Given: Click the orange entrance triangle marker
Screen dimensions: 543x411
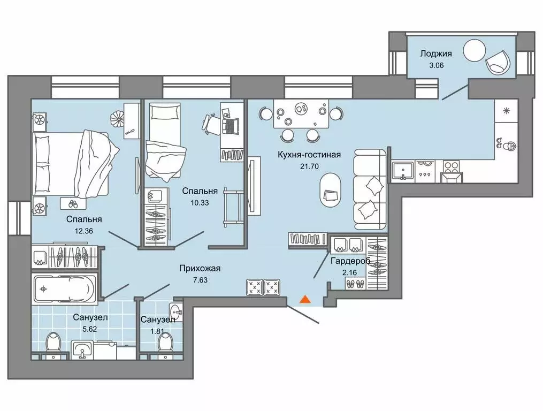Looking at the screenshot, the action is pyautogui.click(x=304, y=299).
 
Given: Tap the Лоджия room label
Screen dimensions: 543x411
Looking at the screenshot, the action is pyautogui.click(x=435, y=54).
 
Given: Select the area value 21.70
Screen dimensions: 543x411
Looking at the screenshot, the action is pyautogui.click(x=309, y=166).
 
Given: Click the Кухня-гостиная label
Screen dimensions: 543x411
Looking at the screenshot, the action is pyautogui.click(x=309, y=155).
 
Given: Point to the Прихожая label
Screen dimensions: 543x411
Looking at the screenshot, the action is pyautogui.click(x=200, y=268).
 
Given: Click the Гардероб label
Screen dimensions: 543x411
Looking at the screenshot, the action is pyautogui.click(x=350, y=261).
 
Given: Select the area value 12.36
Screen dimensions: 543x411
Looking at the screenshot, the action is pyautogui.click(x=84, y=231).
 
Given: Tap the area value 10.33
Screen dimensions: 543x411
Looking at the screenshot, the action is pyautogui.click(x=200, y=203).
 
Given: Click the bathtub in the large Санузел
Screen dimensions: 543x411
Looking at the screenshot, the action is pyautogui.click(x=65, y=288).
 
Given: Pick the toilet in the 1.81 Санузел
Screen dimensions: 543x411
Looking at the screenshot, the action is pyautogui.click(x=165, y=343).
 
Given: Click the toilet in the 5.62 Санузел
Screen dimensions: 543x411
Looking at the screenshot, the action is pyautogui.click(x=53, y=343).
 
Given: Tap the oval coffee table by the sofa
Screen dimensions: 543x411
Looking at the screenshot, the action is pyautogui.click(x=331, y=191).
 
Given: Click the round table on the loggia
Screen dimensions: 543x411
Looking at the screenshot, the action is pyautogui.click(x=475, y=50).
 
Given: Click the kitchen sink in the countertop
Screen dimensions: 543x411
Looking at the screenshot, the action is pyautogui.click(x=403, y=171).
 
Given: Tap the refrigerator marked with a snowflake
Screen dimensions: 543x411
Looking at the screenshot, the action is pyautogui.click(x=506, y=111).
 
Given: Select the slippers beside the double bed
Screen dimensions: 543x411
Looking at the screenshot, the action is pyautogui.click(x=73, y=204).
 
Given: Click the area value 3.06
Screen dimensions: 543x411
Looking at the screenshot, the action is pyautogui.click(x=437, y=65).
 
